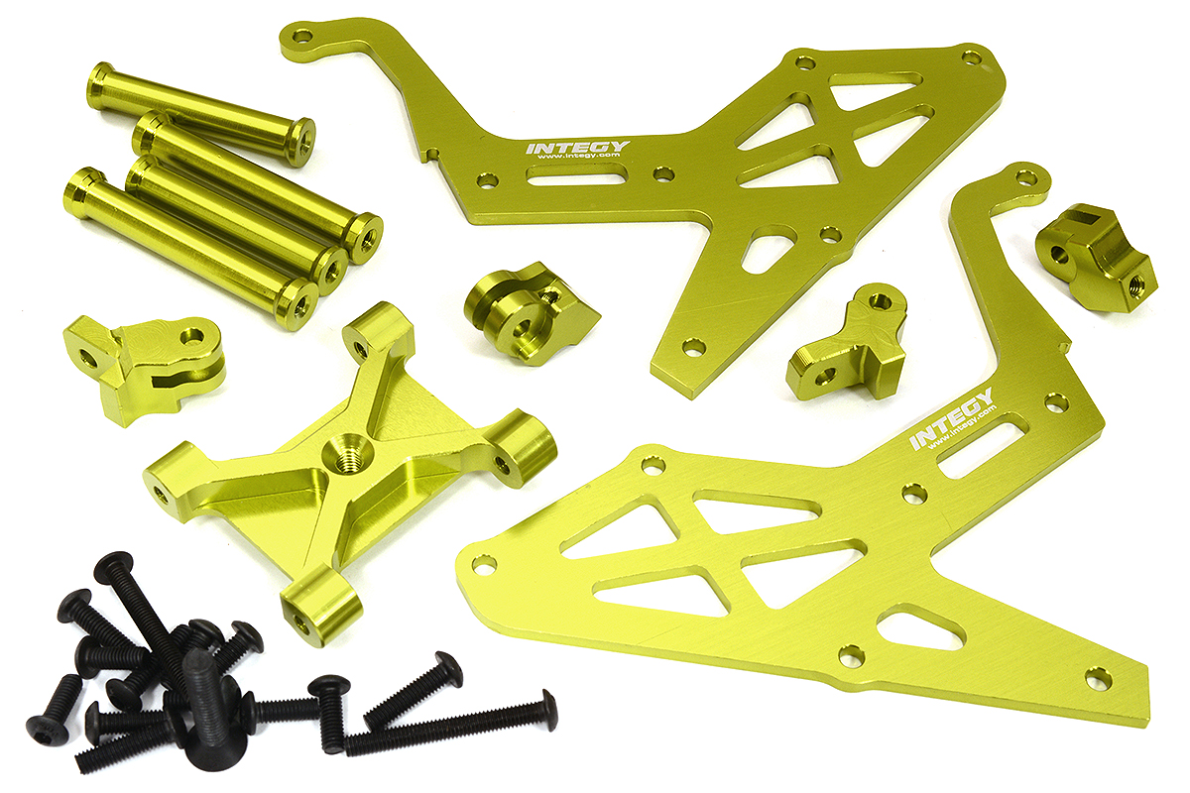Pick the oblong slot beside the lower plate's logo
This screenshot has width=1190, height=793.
979,452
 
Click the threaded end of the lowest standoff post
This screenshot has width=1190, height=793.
297,299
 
